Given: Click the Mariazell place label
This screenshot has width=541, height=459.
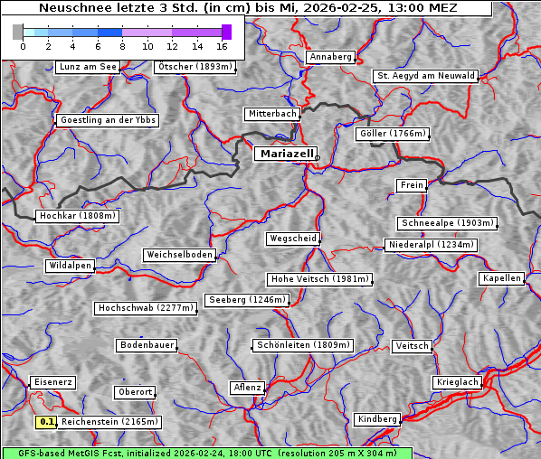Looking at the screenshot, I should tap(285, 155).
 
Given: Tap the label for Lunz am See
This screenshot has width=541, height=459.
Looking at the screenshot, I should tap(88, 67).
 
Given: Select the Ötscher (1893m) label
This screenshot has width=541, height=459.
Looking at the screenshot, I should tap(195, 67).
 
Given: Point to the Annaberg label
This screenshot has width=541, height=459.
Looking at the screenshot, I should tap(330, 57).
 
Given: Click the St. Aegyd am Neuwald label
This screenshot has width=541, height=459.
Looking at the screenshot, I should tap(425, 76).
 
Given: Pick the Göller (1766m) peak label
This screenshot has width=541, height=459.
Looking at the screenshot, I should tap(392, 134).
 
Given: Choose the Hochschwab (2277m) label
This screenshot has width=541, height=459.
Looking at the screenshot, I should tap(146, 308).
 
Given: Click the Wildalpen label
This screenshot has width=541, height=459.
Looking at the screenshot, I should tap(70, 266).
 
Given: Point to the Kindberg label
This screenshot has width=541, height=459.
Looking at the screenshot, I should tap(377, 419).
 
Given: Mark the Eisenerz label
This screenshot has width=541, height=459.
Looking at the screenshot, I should tap(52, 382).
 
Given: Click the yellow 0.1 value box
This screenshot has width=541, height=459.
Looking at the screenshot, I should tap(46, 422).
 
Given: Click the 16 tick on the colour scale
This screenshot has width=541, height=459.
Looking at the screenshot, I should tap(222, 45).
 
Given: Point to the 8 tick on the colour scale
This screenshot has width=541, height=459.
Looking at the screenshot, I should tap(122, 45).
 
